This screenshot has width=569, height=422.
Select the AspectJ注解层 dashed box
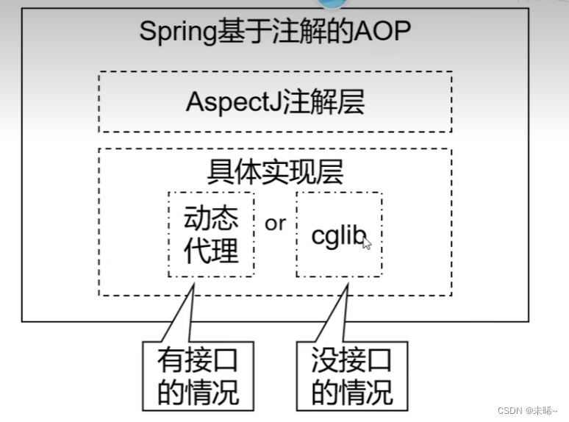coord(275,101)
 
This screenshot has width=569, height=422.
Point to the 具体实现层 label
coord(275,171)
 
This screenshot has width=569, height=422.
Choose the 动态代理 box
coord(211,235)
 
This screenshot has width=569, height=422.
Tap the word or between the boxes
coord(275,223)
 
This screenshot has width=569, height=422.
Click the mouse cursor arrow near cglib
coord(367,243)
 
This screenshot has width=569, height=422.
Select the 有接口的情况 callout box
coord(198,376)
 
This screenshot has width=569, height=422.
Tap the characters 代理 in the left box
coord(211,251)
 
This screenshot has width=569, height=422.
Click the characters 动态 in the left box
coord(211,218)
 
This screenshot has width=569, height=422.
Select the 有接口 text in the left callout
coord(198,361)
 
